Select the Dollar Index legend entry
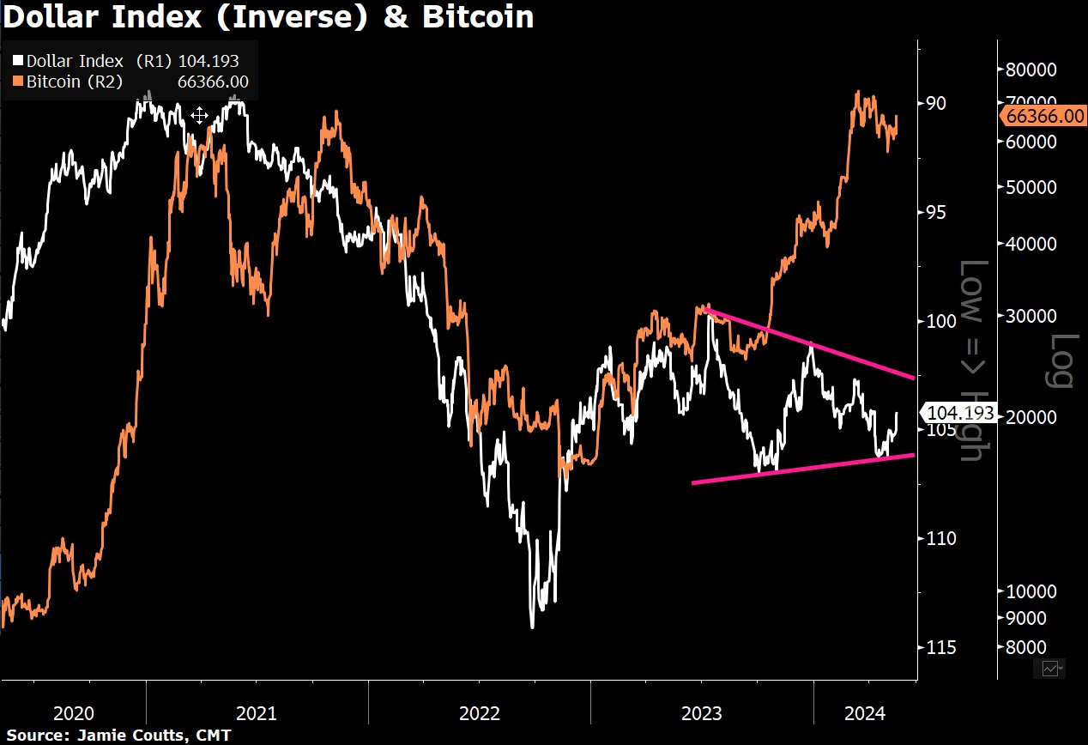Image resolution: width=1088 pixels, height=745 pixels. (125, 61)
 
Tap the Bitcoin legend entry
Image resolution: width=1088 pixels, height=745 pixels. (125, 82)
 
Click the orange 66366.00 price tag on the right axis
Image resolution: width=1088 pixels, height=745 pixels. (1042, 117)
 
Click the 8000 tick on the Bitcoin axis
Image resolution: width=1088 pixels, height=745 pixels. (1028, 646)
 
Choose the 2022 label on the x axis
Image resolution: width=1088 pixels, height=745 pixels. (478, 713)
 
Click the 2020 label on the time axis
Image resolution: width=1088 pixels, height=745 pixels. (73, 713)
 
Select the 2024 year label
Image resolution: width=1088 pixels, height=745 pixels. (864, 713)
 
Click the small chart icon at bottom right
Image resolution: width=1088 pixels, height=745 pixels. (1052, 668)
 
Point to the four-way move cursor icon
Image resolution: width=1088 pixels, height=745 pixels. (199, 116)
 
